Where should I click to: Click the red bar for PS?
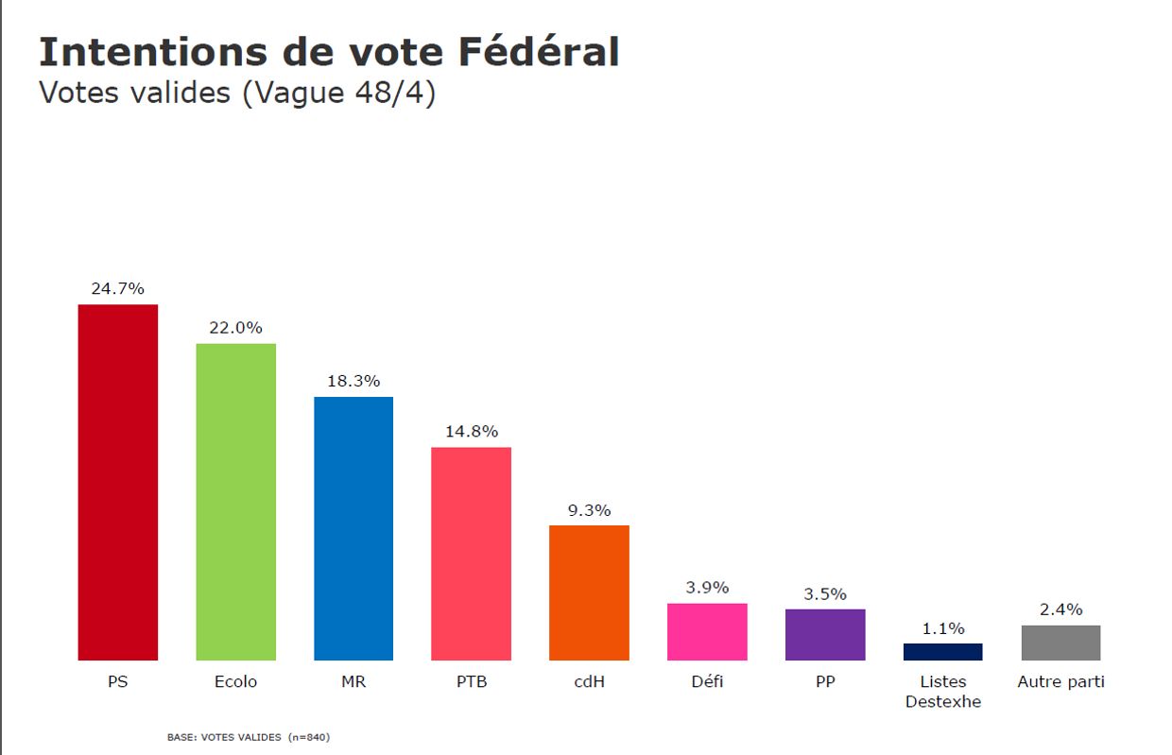pos(117,482)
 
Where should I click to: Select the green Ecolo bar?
pos(235,501)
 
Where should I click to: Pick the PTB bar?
pos(471,553)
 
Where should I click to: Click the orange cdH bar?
pos(589,592)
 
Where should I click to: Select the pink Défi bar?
pos(707,631)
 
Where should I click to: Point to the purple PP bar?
pos(824,634)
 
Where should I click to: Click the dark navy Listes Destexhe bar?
pos(942,652)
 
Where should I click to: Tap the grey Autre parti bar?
pos(1060,643)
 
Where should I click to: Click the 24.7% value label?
pos(117,289)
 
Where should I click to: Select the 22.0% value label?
pos(235,328)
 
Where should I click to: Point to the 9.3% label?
pos(589,510)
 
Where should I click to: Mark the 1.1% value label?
pos(942,628)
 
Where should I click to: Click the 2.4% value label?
pos(1060,609)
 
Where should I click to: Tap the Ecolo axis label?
pos(235,681)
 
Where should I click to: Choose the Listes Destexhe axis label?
pos(942,691)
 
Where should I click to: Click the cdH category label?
pos(589,681)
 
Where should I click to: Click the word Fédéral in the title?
pos(539,52)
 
